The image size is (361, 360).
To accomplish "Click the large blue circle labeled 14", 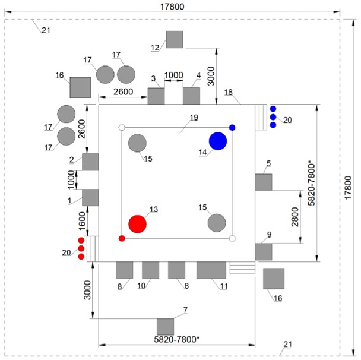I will tap(218, 141).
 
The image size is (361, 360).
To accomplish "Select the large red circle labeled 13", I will tap(137, 224).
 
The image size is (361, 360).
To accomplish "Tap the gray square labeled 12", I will tap(174, 39).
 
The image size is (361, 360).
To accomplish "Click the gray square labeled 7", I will tap(165, 327).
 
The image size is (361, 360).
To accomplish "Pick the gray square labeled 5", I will tap(264, 182).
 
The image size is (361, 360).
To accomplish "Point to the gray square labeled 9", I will tap(264, 251).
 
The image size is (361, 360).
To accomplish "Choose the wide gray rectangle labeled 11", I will tap(211, 270).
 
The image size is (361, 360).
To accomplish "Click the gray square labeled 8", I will tap(124, 270).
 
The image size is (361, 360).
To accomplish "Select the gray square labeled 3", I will tap(156, 96).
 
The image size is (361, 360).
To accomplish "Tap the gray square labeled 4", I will tap(191, 96).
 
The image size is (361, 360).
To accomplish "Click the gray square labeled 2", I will tap(90, 162).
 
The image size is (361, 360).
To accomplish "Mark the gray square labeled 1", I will tap(90, 197).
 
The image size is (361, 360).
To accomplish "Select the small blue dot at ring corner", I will tap(232, 128).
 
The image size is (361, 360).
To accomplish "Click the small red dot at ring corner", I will tap(122, 238).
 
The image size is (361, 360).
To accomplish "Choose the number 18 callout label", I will tap(229, 93).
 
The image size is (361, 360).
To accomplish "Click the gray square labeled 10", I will tap(150, 270).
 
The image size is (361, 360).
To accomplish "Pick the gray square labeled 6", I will tap(177, 270).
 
